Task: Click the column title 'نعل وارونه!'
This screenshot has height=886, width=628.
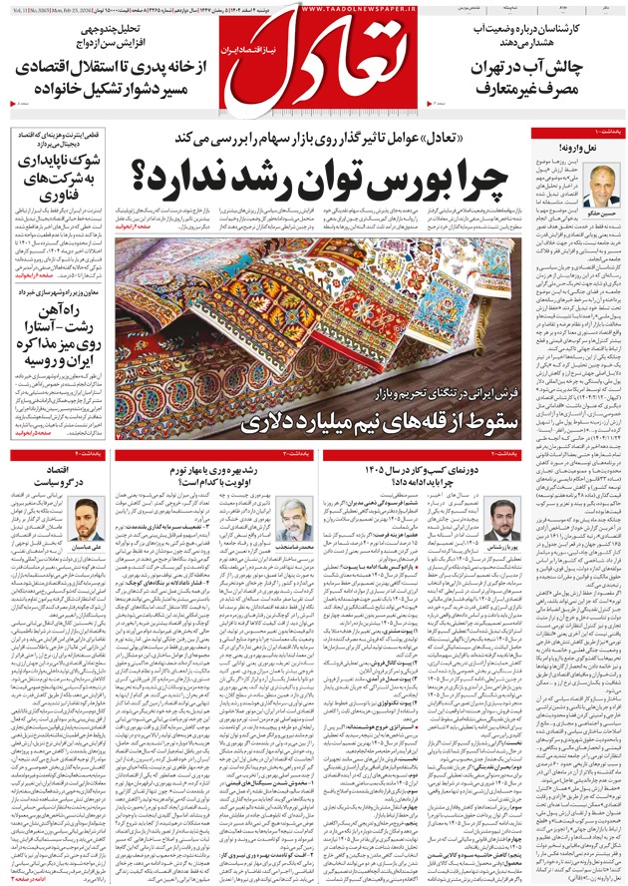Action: (605, 148)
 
